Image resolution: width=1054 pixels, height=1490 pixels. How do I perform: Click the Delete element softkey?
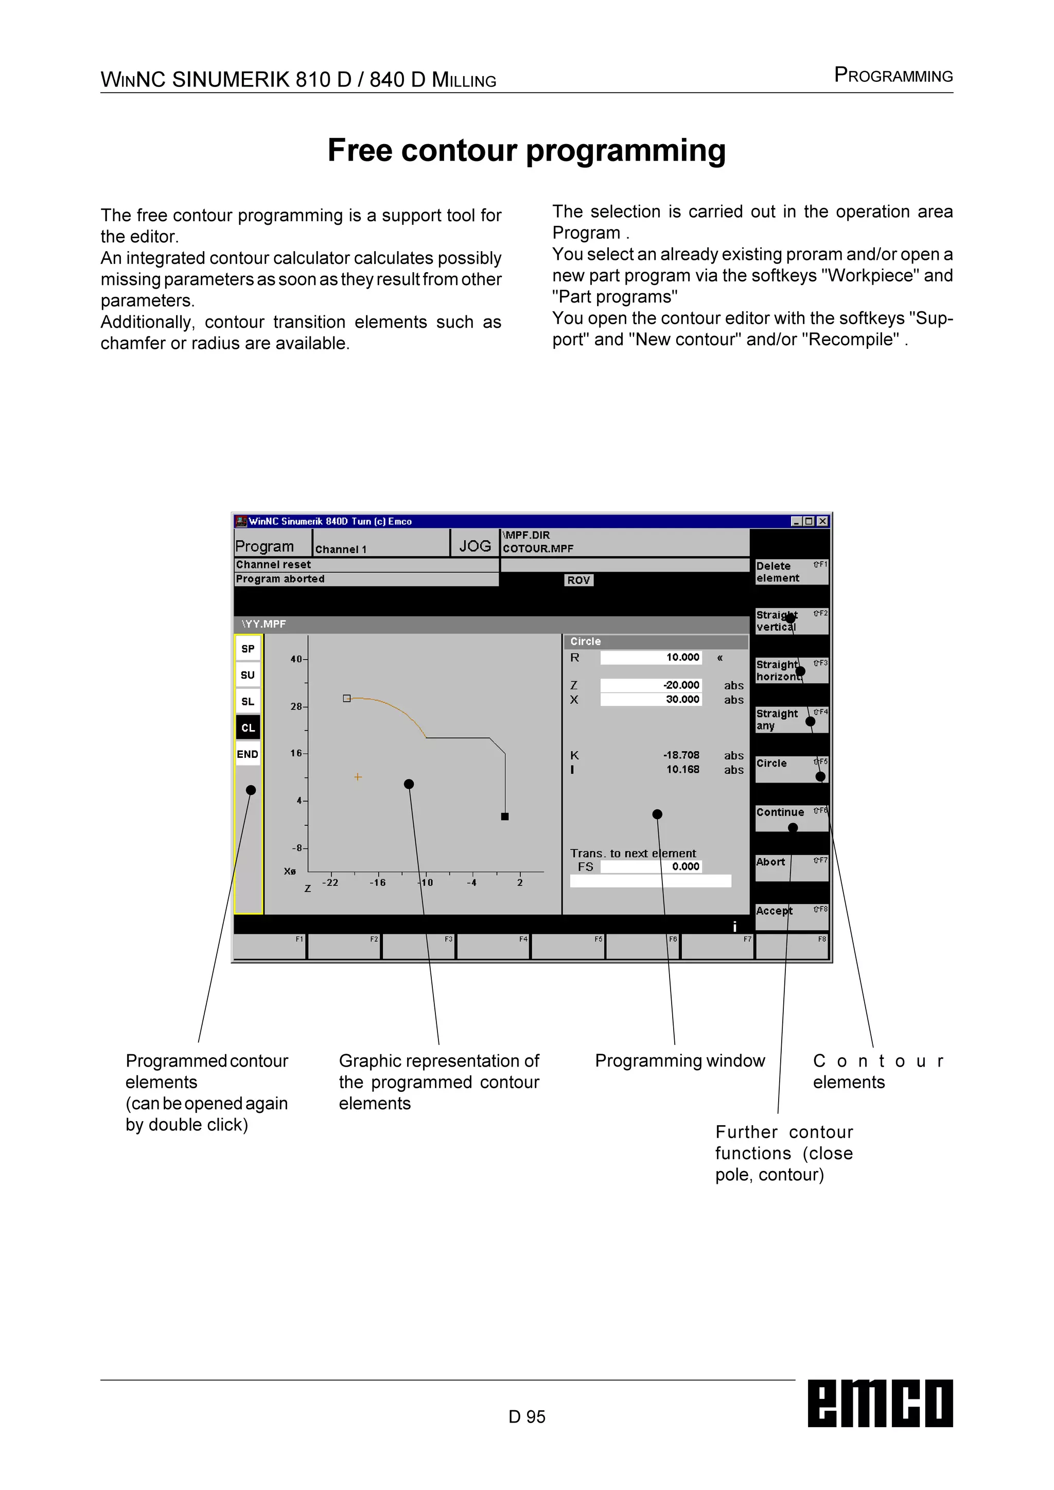coord(791,572)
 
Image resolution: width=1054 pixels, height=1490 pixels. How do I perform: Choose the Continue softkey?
coord(791,818)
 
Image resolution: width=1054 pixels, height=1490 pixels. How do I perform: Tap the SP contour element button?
coord(248,648)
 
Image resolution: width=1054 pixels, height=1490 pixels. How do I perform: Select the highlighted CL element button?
coord(248,728)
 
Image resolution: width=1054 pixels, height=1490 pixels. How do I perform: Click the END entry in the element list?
coord(248,754)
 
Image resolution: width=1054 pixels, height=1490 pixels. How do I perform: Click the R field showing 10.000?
coord(651,658)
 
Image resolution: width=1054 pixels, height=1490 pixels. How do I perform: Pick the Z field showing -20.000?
coord(651,685)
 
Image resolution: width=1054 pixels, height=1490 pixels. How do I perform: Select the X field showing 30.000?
coord(651,700)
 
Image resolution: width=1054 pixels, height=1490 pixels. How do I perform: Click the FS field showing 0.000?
coord(651,866)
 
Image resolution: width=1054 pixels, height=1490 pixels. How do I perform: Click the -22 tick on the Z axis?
coord(330,882)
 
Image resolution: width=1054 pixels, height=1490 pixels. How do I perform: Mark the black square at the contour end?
coord(505,817)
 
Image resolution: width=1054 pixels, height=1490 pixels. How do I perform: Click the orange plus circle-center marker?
coord(358,777)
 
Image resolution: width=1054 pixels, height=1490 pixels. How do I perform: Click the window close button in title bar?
coord(822,521)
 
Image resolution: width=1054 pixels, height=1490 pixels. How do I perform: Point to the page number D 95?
coord(526,1416)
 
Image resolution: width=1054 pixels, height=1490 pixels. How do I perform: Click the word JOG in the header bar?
coord(475,546)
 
